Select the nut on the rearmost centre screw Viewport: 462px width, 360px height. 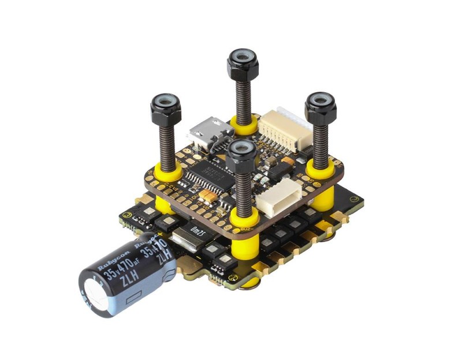click(242, 59)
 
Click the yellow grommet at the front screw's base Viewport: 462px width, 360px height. click(243, 219)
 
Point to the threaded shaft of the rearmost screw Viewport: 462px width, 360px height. click(243, 92)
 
